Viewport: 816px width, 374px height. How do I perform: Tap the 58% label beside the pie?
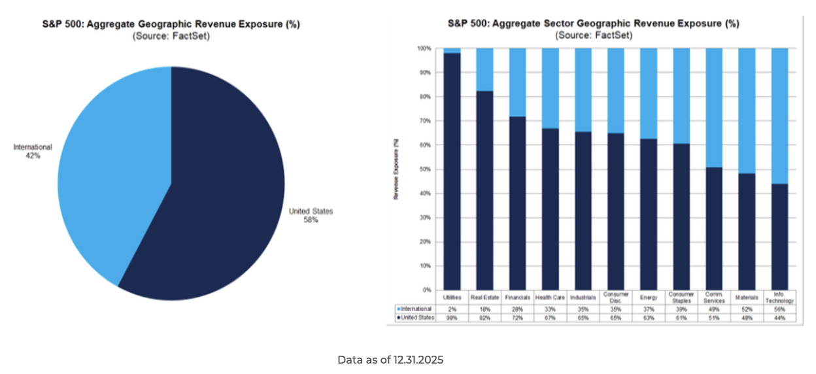[x=311, y=220]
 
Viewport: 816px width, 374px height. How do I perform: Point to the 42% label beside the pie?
[x=33, y=156]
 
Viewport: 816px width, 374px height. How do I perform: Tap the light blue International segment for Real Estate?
[x=484, y=69]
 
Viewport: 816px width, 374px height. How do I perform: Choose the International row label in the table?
[x=416, y=309]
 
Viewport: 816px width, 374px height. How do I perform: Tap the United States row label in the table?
[x=416, y=318]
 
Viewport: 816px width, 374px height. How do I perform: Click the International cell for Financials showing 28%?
[x=517, y=309]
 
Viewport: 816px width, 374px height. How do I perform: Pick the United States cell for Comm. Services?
[x=714, y=318]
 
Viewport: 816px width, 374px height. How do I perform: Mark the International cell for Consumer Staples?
[x=681, y=309]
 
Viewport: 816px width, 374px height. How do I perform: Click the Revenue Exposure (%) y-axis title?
[x=396, y=169]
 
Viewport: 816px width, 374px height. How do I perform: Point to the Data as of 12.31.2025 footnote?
[x=390, y=360]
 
